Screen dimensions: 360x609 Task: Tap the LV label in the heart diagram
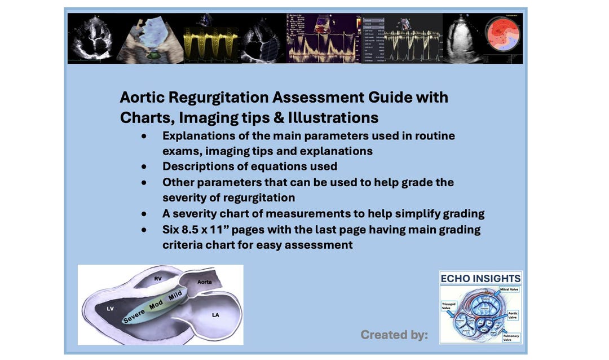point(110,309)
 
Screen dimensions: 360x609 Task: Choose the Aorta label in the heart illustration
point(204,281)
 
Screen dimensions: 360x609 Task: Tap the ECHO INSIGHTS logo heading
point(480,279)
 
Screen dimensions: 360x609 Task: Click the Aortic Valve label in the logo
point(513,315)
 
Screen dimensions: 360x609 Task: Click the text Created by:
point(394,335)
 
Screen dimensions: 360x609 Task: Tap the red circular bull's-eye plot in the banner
point(503,35)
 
